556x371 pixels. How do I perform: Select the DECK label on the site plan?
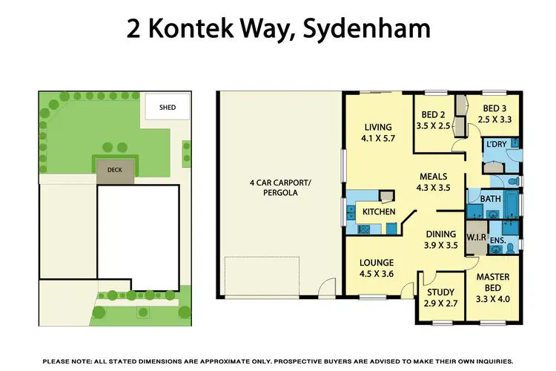(x=114, y=170)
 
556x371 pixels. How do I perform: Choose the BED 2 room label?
(x=433, y=121)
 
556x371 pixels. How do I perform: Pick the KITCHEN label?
(x=378, y=213)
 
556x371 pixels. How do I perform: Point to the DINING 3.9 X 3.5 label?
(x=439, y=239)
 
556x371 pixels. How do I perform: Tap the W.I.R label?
(x=476, y=237)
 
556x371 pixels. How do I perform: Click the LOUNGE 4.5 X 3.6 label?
(x=377, y=267)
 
